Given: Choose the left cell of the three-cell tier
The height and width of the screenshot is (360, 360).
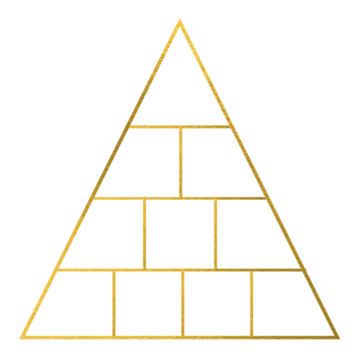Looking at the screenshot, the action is click(107, 235).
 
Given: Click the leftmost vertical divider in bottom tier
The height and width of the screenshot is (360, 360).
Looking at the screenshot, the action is click(114, 303).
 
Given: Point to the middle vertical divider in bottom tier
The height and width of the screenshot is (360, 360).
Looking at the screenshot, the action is click(183, 303).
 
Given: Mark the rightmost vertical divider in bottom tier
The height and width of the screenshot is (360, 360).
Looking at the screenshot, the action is click(251, 303).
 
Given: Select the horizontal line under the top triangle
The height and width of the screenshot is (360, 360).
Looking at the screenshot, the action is click(180, 126).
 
